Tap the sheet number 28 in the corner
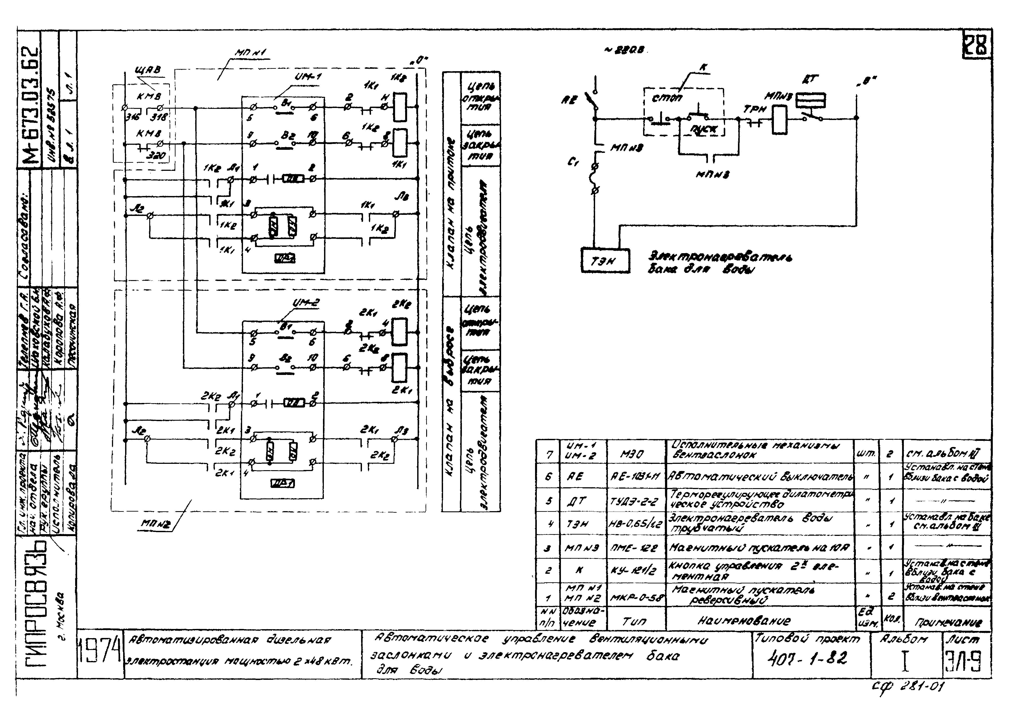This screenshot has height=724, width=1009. [977, 44]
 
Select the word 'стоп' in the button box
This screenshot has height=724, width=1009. [666, 97]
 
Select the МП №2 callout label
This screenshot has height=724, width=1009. [155, 524]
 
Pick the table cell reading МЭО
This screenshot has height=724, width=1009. [632, 454]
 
